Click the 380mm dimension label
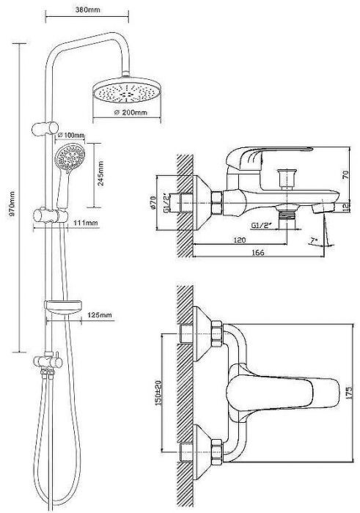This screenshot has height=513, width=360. point(87,10)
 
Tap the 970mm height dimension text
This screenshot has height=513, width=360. point(12,204)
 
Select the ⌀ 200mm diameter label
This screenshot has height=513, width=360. point(131,113)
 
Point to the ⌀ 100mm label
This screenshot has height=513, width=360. point(70,135)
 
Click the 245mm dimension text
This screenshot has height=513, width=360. point(100,174)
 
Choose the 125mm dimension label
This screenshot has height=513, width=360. point(100,315)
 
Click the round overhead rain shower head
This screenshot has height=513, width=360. point(127,90)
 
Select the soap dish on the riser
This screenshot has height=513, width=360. point(63,306)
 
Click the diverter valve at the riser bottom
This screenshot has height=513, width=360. point(48,361)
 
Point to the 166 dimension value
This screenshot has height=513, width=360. point(258,252)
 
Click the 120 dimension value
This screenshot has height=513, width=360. point(240,240)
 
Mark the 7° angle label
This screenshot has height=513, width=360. point(314,241)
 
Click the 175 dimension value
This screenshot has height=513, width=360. point(349,393)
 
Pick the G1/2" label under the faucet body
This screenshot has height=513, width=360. point(261,226)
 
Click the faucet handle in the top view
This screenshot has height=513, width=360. point(283,393)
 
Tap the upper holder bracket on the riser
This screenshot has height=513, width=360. point(45,128)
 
